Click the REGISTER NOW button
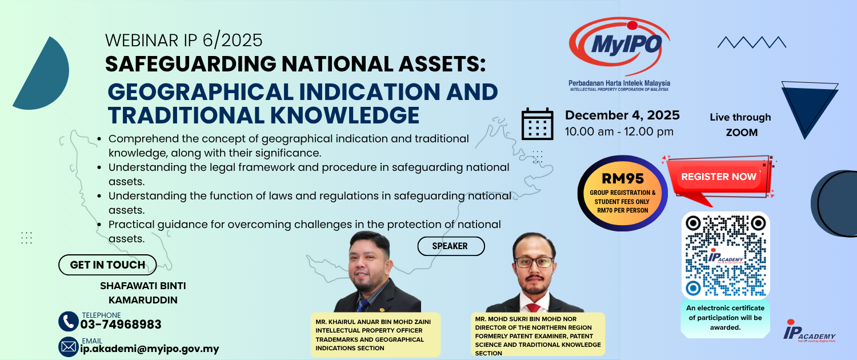pyautogui.click(x=719, y=177)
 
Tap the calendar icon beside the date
pyautogui.click(x=538, y=124)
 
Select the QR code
pyautogui.click(x=726, y=255)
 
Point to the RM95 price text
pyautogui.click(x=623, y=178)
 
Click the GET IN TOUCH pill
pyautogui.click(x=107, y=265)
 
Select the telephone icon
pyautogui.click(x=69, y=321)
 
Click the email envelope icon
pyautogui.click(x=69, y=347)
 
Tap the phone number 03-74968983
pyautogui.click(x=121, y=325)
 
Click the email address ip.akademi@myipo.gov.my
pyautogui.click(x=150, y=349)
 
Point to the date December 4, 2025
pyautogui.click(x=623, y=115)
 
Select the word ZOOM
pyautogui.click(x=742, y=133)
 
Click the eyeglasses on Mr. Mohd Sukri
pyautogui.click(x=534, y=262)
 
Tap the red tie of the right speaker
pyautogui.click(x=533, y=308)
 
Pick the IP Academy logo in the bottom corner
pyautogui.click(x=809, y=331)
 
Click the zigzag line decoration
pyautogui.click(x=752, y=42)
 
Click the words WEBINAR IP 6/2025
pyautogui.click(x=184, y=41)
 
